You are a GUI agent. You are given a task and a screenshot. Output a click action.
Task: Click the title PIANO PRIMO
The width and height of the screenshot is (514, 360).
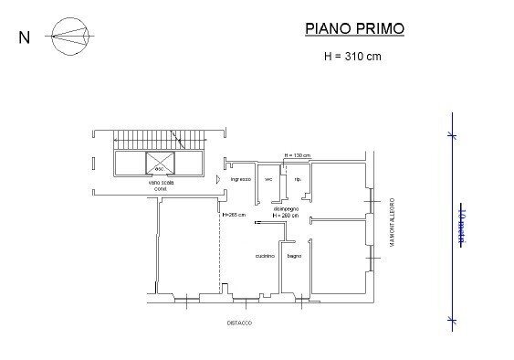click(x=354, y=29)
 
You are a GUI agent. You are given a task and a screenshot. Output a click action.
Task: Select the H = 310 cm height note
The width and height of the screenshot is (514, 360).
click(x=353, y=56)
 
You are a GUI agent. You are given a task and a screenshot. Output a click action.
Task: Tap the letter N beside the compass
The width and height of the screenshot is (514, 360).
click(x=24, y=38)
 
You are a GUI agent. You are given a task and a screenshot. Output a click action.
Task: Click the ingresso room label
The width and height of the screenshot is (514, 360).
click(x=240, y=179)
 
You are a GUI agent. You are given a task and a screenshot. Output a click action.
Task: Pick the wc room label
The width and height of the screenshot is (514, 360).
click(x=268, y=179)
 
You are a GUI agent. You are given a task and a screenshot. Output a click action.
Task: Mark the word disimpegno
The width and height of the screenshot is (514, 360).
click(x=287, y=208)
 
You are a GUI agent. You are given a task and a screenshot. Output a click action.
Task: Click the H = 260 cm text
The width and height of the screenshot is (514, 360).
click(x=287, y=215)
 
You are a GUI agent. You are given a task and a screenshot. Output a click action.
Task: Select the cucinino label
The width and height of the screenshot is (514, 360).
click(x=266, y=255)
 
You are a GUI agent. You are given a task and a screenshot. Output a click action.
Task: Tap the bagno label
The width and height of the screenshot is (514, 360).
click(x=294, y=255)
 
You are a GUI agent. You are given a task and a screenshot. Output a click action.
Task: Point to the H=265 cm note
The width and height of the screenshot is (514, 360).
click(x=235, y=215)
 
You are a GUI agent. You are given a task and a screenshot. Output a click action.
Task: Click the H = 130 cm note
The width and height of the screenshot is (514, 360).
click(x=298, y=154)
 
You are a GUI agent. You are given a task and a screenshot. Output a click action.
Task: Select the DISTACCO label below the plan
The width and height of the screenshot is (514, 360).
click(x=240, y=323)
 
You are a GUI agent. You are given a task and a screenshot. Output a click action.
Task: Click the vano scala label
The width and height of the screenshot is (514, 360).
click(x=162, y=183)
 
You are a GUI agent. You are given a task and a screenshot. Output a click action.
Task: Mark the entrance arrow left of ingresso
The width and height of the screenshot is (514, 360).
click(x=217, y=179)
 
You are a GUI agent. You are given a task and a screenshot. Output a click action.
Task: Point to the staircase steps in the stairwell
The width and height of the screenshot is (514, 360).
click(x=160, y=140)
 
